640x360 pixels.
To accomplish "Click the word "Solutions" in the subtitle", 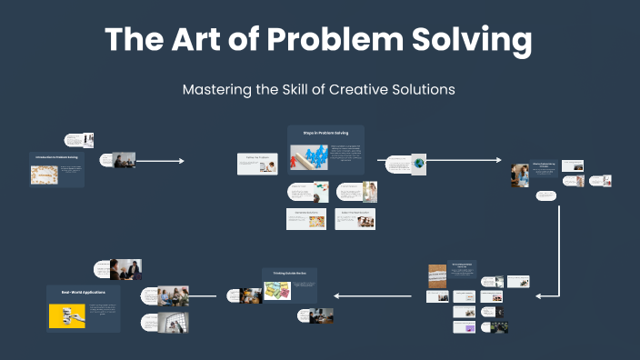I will pyautogui.click(x=416, y=90).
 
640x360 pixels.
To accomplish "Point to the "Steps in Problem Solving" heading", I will pyautogui.click(x=325, y=133).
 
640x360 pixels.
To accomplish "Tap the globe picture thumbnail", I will pyautogui.click(x=418, y=163).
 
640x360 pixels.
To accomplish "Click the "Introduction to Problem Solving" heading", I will pyautogui.click(x=56, y=157).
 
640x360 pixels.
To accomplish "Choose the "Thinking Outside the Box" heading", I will pyautogui.click(x=289, y=273).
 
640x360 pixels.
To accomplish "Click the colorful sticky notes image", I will pyautogui.click(x=277, y=290).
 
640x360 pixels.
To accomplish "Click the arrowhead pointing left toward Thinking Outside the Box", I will pyautogui.click(x=336, y=295).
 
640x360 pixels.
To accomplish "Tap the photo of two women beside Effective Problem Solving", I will pyautogui.click(x=520, y=175).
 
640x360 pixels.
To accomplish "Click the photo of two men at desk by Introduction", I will pyautogui.click(x=124, y=160).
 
